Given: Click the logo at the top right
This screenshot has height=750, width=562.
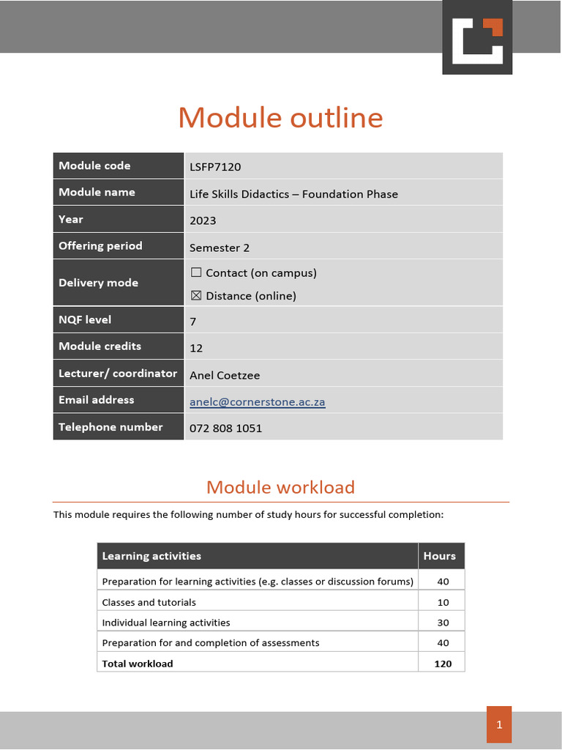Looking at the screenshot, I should [476, 37].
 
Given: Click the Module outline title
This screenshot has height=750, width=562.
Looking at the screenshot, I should [280, 118].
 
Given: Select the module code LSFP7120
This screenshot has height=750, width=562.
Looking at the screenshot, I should [215, 167].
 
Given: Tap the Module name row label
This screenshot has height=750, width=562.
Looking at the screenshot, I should [97, 192].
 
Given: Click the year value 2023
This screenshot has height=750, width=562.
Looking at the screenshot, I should [203, 220].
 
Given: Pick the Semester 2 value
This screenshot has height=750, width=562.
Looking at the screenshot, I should [220, 248].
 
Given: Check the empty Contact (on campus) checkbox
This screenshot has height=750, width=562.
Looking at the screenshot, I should [196, 272].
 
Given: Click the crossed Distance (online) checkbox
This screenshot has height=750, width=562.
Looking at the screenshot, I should [196, 296].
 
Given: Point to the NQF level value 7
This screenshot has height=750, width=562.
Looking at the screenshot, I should [193, 322].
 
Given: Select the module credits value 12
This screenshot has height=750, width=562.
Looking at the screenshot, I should [196, 348].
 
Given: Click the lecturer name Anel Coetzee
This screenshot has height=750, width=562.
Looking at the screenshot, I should [225, 375].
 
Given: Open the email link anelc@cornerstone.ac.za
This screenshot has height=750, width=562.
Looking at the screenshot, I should [257, 402].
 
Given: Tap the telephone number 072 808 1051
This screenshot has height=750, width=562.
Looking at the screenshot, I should [225, 428].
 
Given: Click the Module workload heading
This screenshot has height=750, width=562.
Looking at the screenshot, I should [280, 487].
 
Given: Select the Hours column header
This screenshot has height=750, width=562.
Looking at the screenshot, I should [440, 556].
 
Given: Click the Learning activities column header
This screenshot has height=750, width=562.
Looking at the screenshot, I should [151, 556].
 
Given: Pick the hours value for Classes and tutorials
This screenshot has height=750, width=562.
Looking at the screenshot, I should [443, 602].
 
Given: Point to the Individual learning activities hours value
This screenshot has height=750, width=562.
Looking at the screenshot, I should [443, 623].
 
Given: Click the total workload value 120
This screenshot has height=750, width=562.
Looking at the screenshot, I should [443, 664].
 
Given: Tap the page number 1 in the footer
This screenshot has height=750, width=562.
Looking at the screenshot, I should [499, 725].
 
